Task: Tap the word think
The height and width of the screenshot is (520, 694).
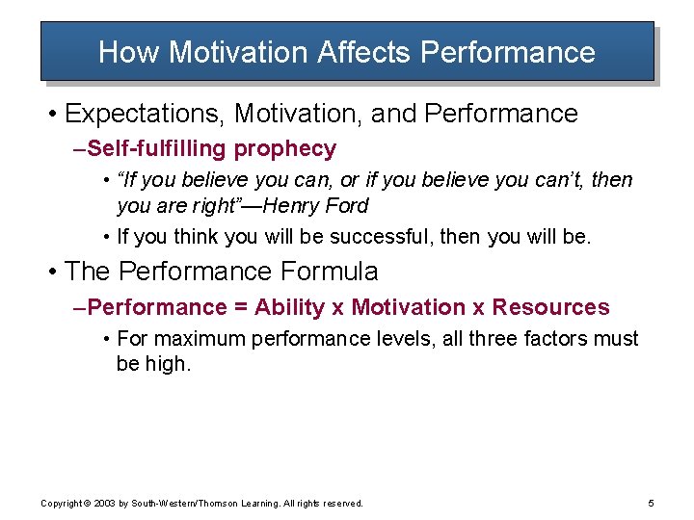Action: [199, 236]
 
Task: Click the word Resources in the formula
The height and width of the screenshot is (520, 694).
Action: [550, 307]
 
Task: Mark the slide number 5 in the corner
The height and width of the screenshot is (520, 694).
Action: [652, 503]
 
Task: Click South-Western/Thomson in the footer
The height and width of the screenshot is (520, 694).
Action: [185, 504]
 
